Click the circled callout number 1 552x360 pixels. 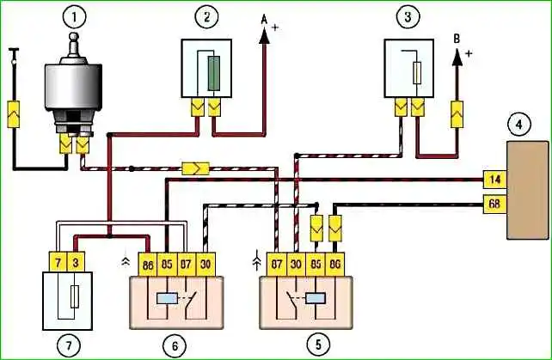tap(73, 18)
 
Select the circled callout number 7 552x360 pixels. tap(68, 345)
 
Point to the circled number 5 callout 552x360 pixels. tap(318, 345)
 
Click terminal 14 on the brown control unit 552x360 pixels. tap(495, 180)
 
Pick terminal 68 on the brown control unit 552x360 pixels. tap(495, 204)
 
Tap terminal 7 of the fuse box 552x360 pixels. tap(58, 262)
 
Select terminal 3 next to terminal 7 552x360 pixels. tap(76, 262)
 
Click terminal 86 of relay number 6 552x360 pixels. tap(148, 265)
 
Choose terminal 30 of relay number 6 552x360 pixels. tap(205, 265)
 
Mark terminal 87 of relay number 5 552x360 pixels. tap(277, 265)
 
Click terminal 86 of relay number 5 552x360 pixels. tap(334, 265)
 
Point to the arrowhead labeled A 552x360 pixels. tap(265, 37)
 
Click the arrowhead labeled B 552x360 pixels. tap(457, 58)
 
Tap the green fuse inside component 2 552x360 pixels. tap(214, 73)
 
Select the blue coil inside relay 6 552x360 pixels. tap(167, 299)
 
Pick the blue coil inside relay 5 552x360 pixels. tap(316, 299)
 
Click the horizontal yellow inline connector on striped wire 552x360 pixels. tap(196, 168)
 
